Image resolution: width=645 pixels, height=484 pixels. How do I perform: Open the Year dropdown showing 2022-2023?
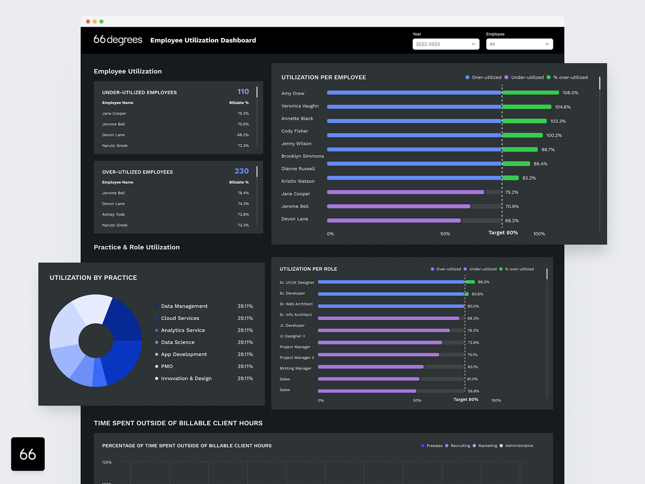coord(445,44)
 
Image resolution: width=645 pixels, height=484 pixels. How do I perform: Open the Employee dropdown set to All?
coord(519,44)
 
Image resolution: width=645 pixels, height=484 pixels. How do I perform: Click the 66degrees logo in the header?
coord(118,40)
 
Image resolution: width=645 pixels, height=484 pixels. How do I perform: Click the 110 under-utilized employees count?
coord(243,92)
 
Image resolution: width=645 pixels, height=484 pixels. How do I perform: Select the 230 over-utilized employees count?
coord(241,171)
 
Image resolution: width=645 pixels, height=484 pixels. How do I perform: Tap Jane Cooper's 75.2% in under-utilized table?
coord(243,113)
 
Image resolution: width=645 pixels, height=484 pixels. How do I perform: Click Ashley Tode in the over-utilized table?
coord(113,214)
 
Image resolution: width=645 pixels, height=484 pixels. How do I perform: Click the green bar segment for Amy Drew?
coord(531,93)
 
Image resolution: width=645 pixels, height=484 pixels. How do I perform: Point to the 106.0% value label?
coord(570,93)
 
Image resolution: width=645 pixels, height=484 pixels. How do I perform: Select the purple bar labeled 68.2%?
coord(393,221)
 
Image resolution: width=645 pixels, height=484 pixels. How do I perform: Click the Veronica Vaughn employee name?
coord(300,106)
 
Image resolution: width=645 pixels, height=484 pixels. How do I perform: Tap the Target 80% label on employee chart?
coord(503,233)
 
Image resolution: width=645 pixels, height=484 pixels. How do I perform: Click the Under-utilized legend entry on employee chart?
coord(524,77)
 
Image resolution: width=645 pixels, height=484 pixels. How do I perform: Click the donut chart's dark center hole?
coord(96,341)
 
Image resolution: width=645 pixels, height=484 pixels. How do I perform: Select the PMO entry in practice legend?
coord(167,366)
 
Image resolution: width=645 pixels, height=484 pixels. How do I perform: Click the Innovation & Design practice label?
coord(186,378)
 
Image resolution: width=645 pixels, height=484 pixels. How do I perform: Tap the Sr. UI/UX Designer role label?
coord(297,282)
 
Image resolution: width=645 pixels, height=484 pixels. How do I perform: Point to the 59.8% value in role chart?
coord(473,391)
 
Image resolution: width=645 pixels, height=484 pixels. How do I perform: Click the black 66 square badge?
coord(28,454)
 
